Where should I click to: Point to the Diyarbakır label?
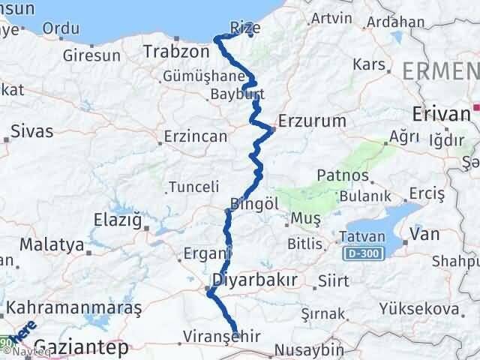click(255, 280)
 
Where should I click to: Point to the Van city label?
click(424, 235)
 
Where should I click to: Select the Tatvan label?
click(363, 235)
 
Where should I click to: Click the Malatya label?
click(51, 244)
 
